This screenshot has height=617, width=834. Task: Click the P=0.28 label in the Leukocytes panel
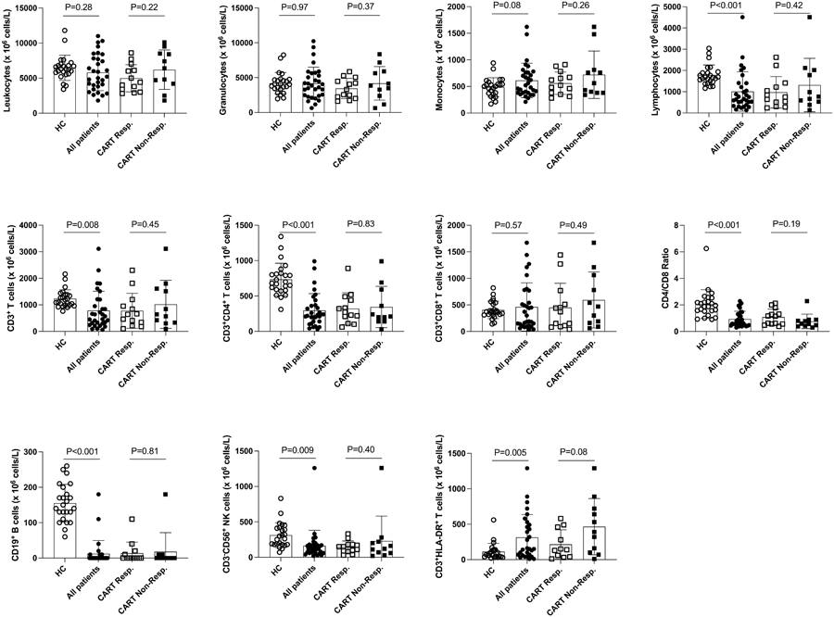78,7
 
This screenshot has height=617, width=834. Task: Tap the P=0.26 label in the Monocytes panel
575,7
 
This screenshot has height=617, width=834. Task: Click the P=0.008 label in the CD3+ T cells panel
80,225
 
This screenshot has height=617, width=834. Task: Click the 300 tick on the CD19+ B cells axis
33,453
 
